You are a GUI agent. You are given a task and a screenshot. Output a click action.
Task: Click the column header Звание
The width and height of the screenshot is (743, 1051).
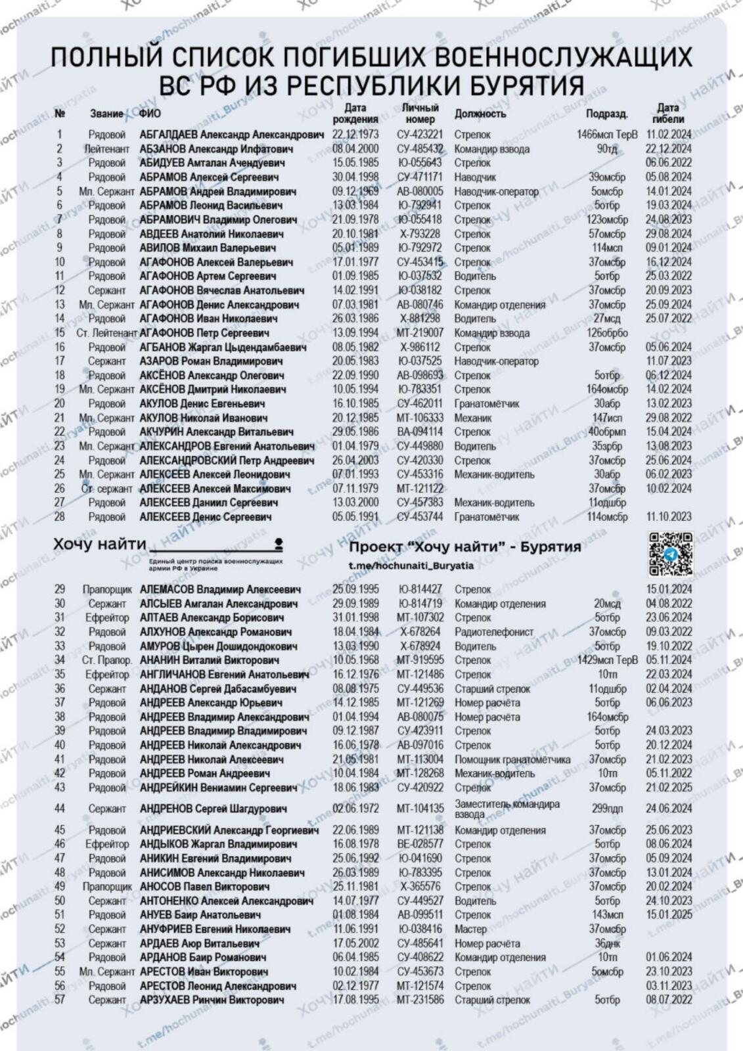pyautogui.click(x=106, y=114)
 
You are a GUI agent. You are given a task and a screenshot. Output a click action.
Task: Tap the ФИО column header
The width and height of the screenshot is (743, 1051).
pyautogui.click(x=150, y=114)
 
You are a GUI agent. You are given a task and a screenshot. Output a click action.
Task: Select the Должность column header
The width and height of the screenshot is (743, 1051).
pyautogui.click(x=480, y=114)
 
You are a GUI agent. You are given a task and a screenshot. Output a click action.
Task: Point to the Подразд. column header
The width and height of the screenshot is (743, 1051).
pyautogui.click(x=606, y=114)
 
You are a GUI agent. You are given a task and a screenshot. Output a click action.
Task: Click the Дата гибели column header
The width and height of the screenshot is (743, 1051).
pyautogui.click(x=668, y=114)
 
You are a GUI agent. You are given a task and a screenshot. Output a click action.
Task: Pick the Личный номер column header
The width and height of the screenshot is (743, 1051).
pyautogui.click(x=420, y=114)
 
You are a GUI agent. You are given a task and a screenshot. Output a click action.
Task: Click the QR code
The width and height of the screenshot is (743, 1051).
pyautogui.click(x=670, y=554)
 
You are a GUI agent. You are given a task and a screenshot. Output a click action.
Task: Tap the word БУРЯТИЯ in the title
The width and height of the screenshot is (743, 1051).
pyautogui.click(x=518, y=85)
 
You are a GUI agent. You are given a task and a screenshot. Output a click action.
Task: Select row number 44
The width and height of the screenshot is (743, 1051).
pyautogui.click(x=60, y=809)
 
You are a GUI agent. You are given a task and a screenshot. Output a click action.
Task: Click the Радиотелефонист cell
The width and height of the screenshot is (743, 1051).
pyautogui.click(x=494, y=632)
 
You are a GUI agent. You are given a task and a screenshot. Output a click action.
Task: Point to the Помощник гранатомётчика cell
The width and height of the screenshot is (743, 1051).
pyautogui.click(x=512, y=759)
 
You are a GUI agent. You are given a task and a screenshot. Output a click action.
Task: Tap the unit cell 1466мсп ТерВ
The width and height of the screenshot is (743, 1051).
pyautogui.click(x=607, y=135)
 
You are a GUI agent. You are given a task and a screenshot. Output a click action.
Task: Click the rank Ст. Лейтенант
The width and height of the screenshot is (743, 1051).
pyautogui.click(x=107, y=333)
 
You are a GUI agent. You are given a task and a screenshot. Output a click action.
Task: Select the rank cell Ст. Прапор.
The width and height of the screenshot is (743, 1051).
pyautogui.click(x=107, y=660)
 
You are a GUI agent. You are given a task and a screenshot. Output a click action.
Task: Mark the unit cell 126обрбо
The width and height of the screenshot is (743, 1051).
pyautogui.click(x=607, y=333)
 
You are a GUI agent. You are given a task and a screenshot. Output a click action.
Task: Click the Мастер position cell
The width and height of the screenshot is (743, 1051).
pyautogui.click(x=470, y=929)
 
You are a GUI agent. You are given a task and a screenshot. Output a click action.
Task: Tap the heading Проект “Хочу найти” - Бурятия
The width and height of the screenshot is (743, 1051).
pyautogui.click(x=465, y=547)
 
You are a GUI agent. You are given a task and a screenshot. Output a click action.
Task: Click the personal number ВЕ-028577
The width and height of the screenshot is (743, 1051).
pyautogui.click(x=420, y=844)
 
